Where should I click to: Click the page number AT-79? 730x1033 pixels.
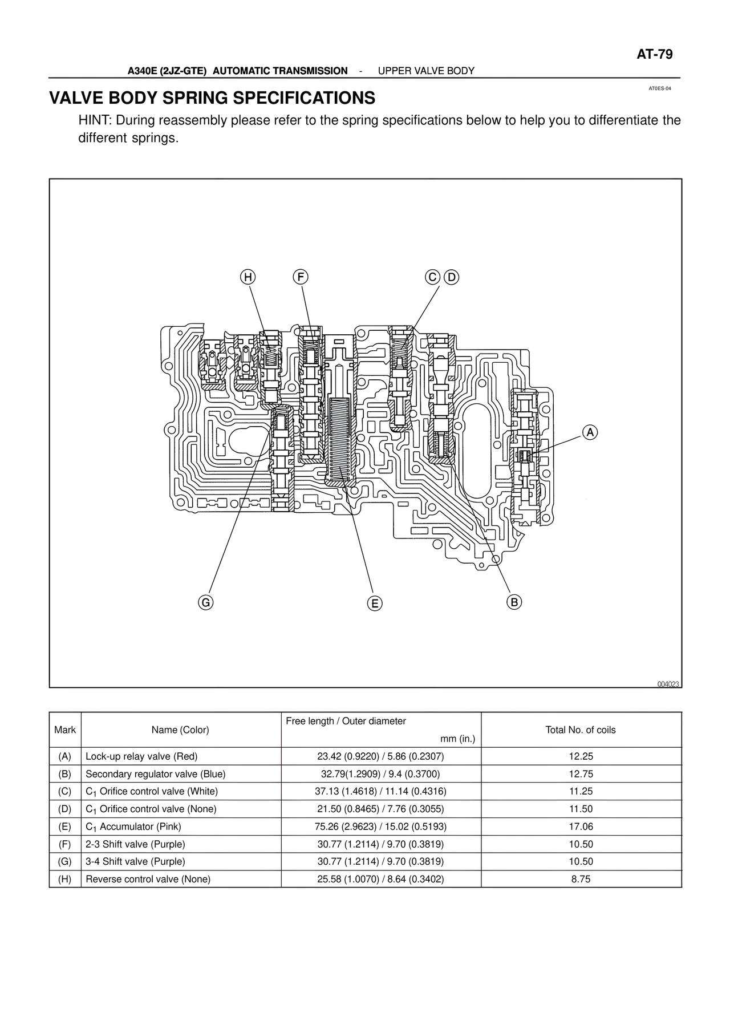coord(655,55)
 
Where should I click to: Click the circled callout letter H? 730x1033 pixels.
coord(248,277)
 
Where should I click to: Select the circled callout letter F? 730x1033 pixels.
coord(300,277)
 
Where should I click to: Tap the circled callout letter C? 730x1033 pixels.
coord(433,277)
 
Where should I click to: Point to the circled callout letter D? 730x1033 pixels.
coord(451,277)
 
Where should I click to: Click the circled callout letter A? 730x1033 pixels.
coord(590,433)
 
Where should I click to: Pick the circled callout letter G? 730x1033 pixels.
coord(205,602)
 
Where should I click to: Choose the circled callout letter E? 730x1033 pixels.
coord(374,603)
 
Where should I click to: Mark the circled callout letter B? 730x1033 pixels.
coord(514,602)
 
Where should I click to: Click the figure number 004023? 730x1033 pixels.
coord(668,684)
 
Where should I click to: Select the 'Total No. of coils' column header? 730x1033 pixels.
coord(581,730)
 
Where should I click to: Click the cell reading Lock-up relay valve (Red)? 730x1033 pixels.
coord(141,756)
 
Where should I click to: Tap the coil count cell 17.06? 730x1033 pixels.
coord(581,827)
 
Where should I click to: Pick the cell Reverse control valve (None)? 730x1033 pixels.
coord(148,879)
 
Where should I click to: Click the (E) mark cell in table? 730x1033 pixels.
coord(65,827)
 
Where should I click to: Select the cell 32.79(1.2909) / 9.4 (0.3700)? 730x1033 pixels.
coord(380,774)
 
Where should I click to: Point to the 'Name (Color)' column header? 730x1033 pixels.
coord(180,730)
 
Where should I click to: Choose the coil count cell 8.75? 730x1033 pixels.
coord(581,879)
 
